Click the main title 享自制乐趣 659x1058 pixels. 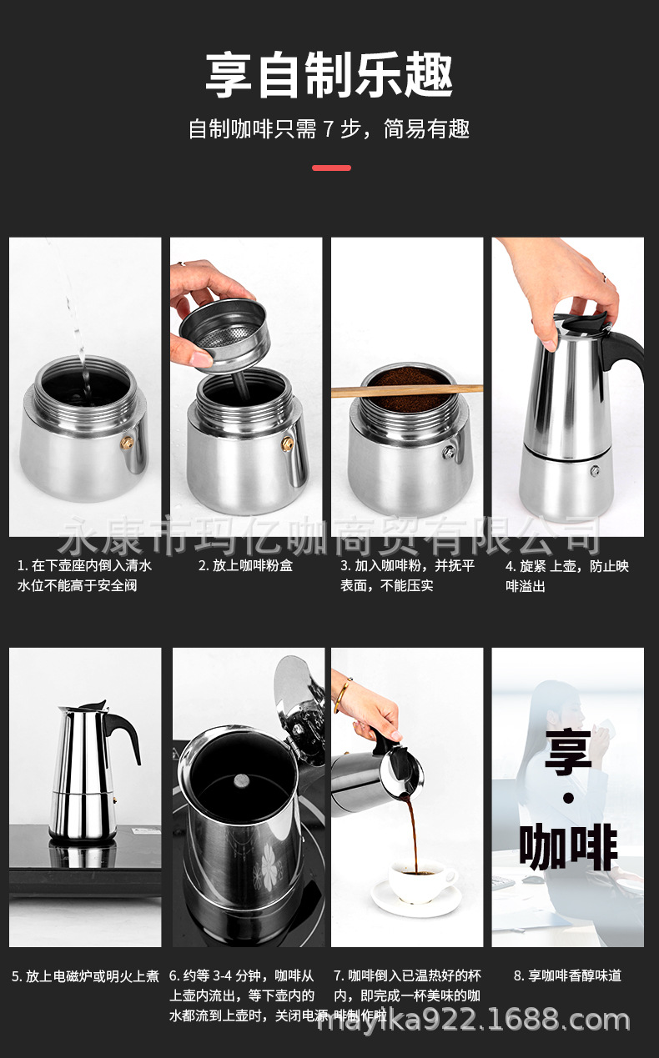[329, 75]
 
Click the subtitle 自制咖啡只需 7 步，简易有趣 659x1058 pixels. [329, 129]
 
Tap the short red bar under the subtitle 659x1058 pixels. [331, 168]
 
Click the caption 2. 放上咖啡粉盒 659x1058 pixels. [245, 565]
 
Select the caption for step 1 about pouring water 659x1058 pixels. [84, 575]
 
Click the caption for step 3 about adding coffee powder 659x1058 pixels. [407, 575]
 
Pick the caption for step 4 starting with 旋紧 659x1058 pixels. [567, 575]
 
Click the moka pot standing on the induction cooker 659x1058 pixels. [83, 771]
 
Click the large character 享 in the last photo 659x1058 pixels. [568, 751]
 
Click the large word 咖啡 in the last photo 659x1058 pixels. [568, 846]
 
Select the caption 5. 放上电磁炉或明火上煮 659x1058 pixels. [84, 975]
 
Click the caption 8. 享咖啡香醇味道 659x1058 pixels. [567, 975]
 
